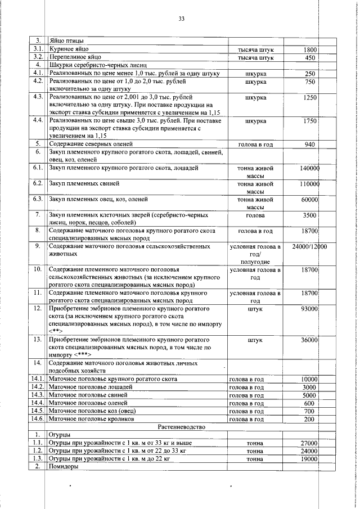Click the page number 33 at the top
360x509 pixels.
[x=182, y=19]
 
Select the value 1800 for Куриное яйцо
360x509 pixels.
[x=310, y=49]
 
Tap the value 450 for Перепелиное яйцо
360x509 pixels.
[x=310, y=57]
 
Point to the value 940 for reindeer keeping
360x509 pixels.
[x=310, y=145]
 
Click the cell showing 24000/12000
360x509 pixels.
[x=310, y=246]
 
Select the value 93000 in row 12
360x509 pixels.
[x=309, y=309]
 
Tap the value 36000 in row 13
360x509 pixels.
[x=309, y=340]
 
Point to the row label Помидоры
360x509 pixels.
[x=65, y=466]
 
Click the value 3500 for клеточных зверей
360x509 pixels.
[x=310, y=215]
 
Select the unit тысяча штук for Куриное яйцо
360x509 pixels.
[x=256, y=49]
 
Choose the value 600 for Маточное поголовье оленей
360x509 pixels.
[x=310, y=403]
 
